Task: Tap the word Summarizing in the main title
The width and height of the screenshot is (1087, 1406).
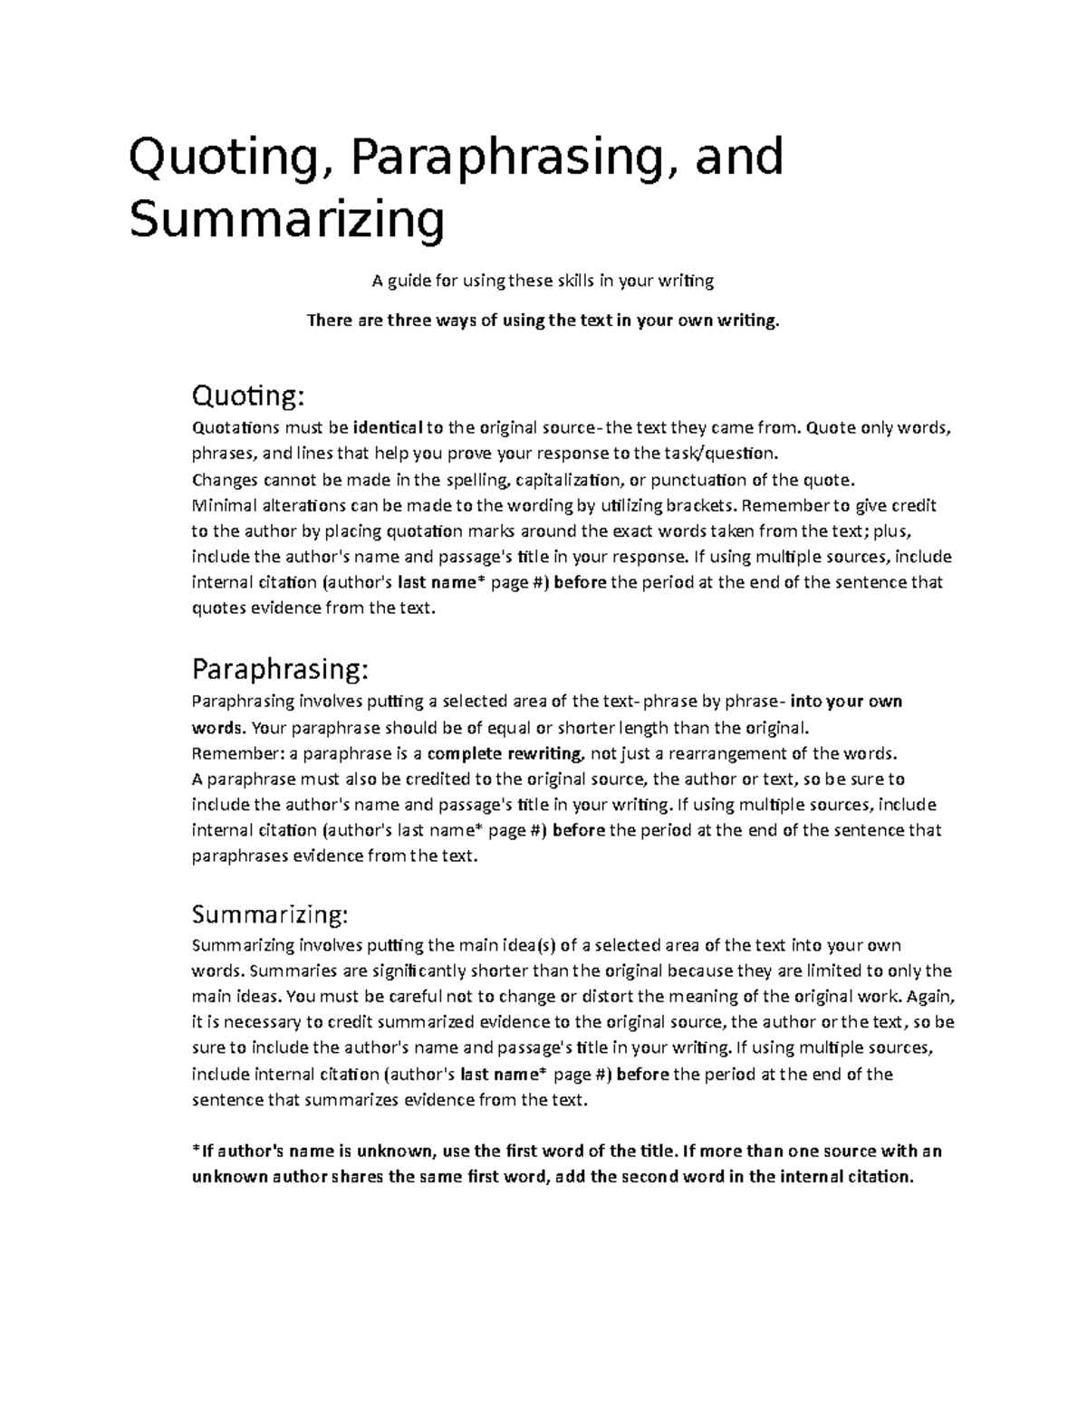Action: coord(287,220)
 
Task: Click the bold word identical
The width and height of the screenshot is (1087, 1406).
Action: coord(387,427)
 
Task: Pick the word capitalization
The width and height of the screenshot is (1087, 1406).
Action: coord(569,479)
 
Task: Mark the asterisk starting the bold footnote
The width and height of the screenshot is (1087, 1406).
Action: coord(196,1150)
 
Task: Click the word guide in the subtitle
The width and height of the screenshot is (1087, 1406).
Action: coord(409,281)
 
